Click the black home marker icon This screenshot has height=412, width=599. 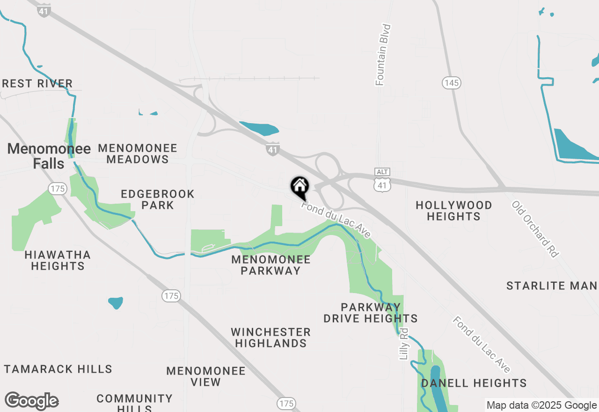[300, 187]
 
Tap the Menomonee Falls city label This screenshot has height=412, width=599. [49, 156]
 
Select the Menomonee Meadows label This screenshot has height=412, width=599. [138, 154]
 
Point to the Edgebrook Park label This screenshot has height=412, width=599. [157, 199]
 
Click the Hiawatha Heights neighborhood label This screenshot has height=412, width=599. [58, 260]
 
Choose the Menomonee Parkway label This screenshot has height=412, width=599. [271, 265]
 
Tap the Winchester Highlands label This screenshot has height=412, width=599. [270, 338]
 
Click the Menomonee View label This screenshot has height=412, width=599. [206, 376]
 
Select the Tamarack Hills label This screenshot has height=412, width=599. [58, 369]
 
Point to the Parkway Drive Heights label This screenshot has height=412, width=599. [371, 313]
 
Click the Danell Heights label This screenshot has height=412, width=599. [474, 383]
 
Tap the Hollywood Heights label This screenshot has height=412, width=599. [454, 211]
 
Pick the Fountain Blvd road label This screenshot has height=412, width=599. [383, 55]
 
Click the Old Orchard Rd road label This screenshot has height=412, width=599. [535, 229]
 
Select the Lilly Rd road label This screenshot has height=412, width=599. [404, 344]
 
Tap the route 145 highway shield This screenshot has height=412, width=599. [452, 83]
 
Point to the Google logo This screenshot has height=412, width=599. [32, 401]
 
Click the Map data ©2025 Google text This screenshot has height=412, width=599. [541, 405]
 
